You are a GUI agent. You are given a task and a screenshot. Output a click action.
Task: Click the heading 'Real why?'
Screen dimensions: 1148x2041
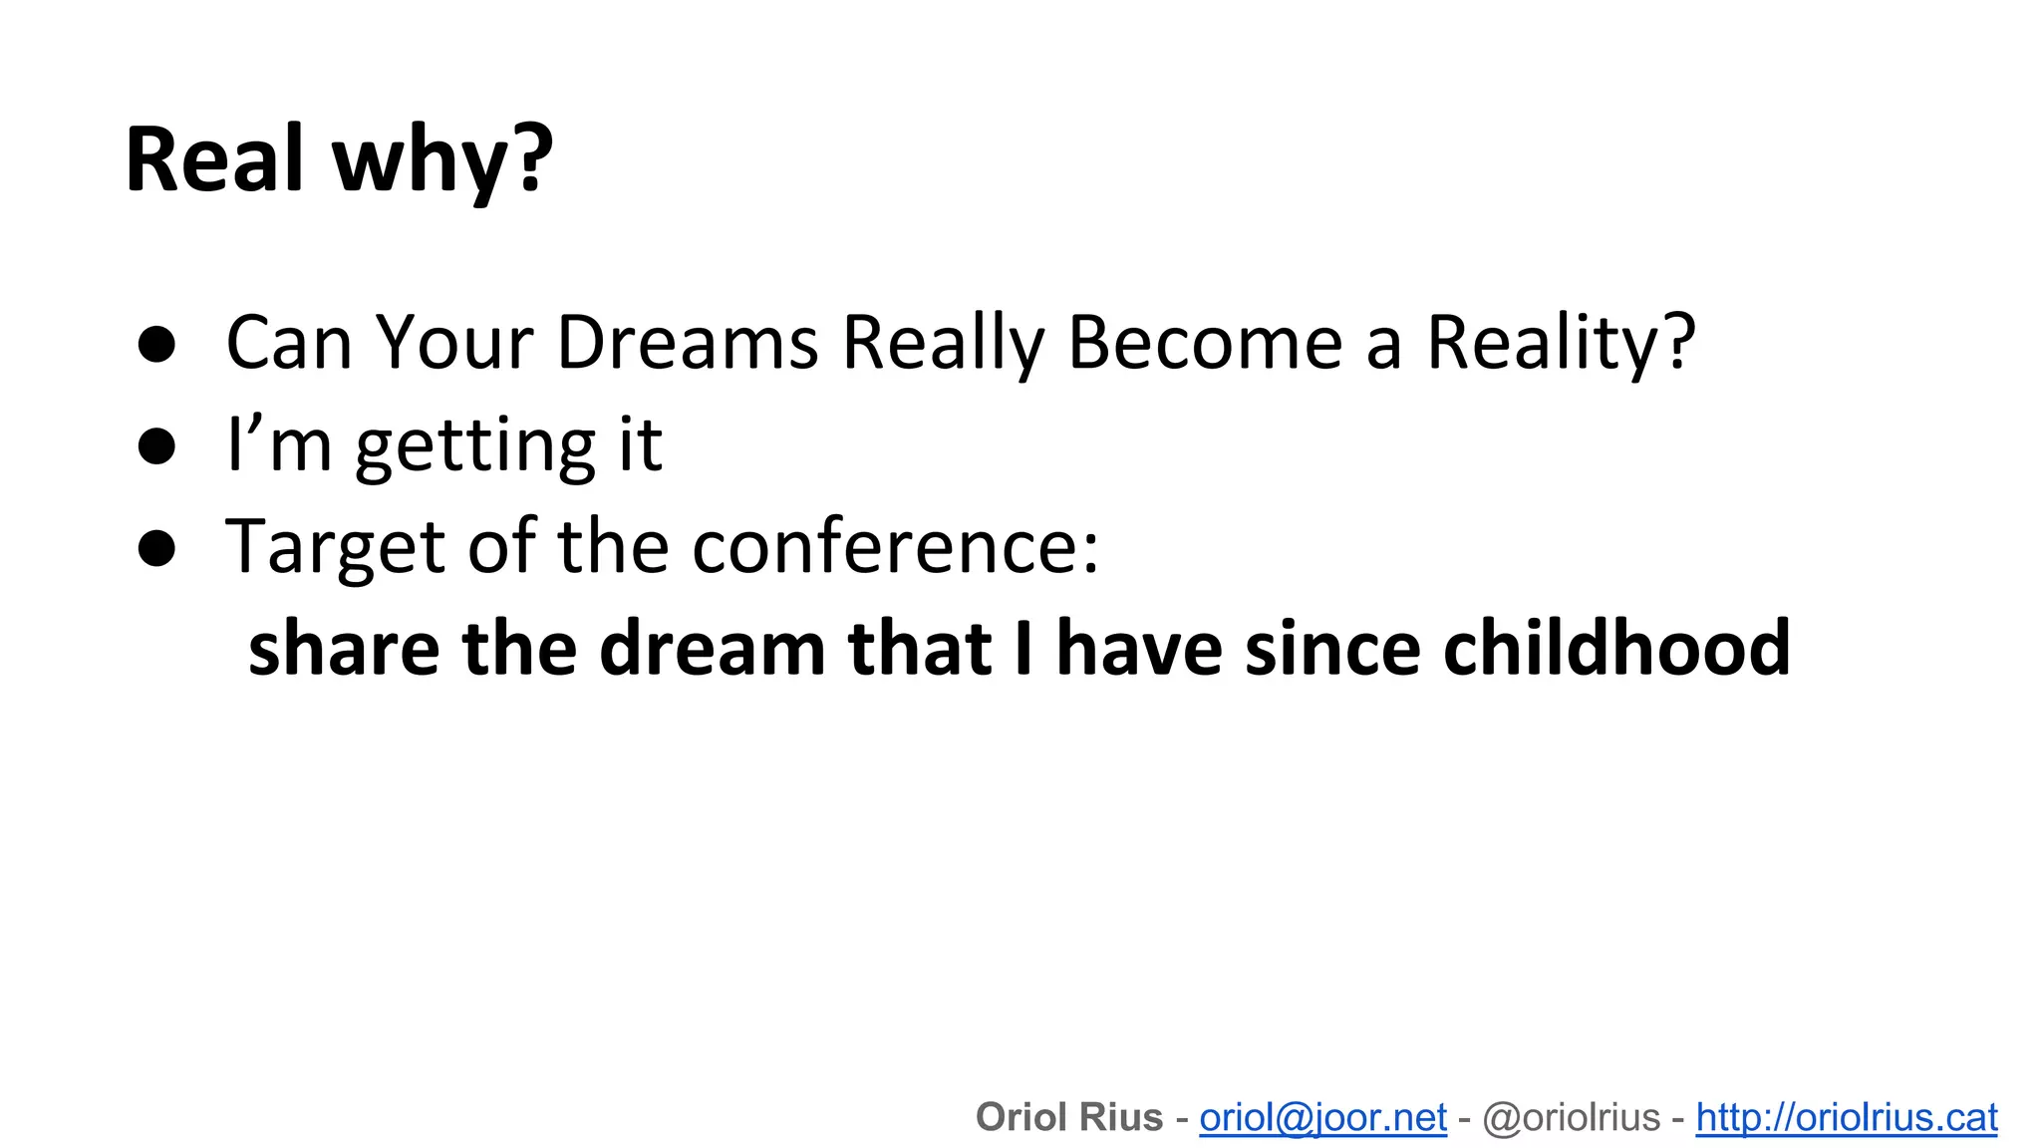[x=339, y=159]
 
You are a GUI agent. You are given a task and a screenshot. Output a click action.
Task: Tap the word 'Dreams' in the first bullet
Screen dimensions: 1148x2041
[x=687, y=343]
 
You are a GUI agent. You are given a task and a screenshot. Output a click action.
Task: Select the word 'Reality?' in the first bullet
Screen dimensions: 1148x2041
[x=1561, y=343]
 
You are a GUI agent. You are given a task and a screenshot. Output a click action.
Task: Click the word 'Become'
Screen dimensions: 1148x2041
[x=1206, y=343]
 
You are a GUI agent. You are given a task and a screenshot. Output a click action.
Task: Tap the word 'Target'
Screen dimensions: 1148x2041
[x=336, y=548]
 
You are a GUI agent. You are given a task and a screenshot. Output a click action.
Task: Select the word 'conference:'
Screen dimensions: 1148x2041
[x=896, y=548]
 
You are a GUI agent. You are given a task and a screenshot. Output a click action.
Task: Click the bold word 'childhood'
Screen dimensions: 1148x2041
[x=1616, y=648]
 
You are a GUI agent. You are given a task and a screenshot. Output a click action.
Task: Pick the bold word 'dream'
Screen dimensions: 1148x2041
[x=712, y=648]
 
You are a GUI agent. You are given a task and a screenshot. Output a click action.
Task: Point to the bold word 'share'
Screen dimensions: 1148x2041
[x=344, y=648]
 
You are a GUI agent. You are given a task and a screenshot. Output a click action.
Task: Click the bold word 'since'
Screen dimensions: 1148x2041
[x=1332, y=648]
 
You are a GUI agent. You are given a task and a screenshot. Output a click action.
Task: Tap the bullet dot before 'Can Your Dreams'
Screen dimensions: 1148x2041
[x=156, y=345]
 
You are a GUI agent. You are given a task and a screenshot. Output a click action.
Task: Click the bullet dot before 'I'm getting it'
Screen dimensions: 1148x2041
[x=156, y=446]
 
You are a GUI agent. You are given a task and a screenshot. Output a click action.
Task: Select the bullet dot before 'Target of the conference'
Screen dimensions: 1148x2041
[x=156, y=548]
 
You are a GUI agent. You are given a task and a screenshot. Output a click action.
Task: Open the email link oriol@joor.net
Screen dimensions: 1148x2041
[x=1322, y=1117]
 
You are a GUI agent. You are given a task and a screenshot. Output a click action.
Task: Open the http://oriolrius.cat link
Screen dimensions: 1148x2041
[x=1847, y=1117]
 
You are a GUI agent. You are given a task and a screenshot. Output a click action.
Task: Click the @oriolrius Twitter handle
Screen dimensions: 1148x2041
[x=1571, y=1117]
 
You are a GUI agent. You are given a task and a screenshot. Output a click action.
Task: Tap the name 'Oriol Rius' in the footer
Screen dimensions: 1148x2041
[x=1069, y=1117]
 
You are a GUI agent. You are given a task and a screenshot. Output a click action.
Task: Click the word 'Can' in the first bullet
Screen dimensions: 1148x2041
[x=289, y=343]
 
